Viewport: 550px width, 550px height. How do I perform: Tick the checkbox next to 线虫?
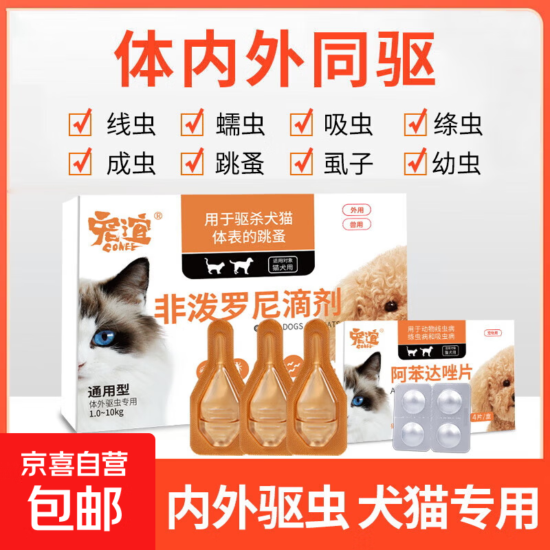click(80, 124)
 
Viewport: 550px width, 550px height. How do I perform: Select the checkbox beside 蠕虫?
click(192, 124)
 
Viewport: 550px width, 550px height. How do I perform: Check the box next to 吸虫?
click(302, 124)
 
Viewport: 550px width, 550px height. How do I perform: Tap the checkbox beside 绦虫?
click(415, 124)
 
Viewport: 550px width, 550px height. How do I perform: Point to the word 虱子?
click(349, 164)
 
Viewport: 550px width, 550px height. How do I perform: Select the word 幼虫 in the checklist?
click(457, 164)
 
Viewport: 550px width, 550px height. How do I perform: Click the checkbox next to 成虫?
click(80, 163)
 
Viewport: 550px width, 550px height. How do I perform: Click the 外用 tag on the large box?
click(356, 211)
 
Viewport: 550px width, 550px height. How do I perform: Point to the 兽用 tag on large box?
click(356, 224)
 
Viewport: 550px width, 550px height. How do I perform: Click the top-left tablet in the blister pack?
click(413, 401)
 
